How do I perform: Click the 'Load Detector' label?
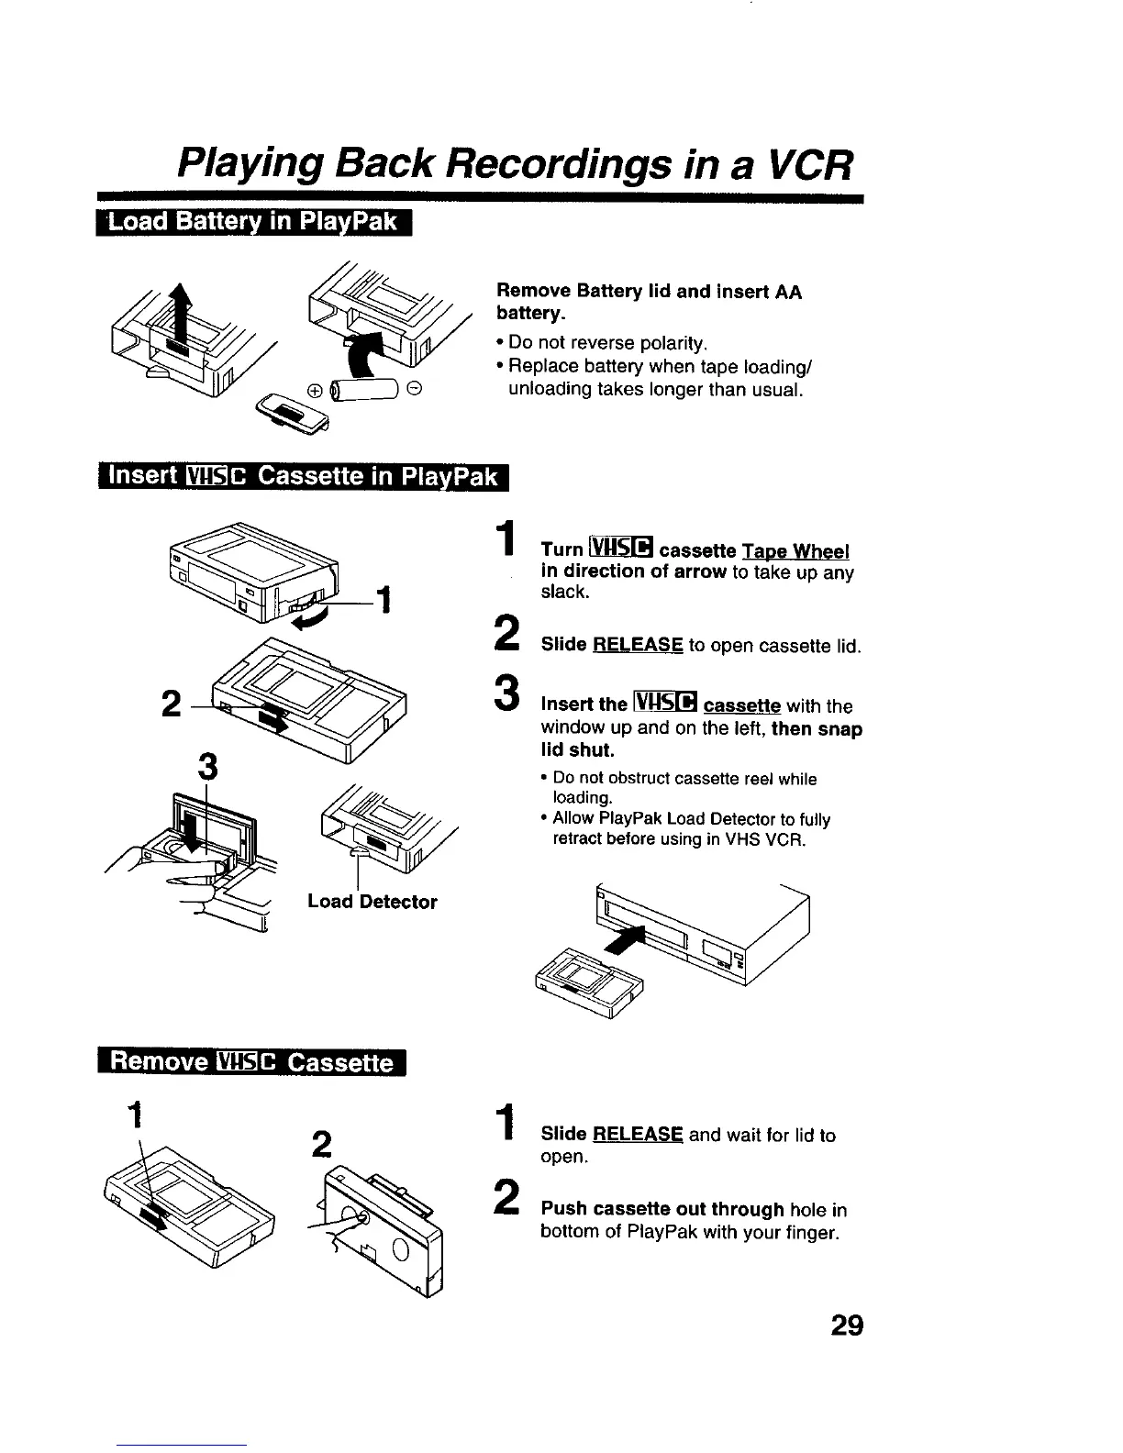coord(372,902)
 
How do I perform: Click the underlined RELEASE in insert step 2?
coord(638,645)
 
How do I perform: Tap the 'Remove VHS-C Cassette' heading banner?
coord(251,1062)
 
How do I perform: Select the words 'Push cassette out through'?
coord(662,1210)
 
